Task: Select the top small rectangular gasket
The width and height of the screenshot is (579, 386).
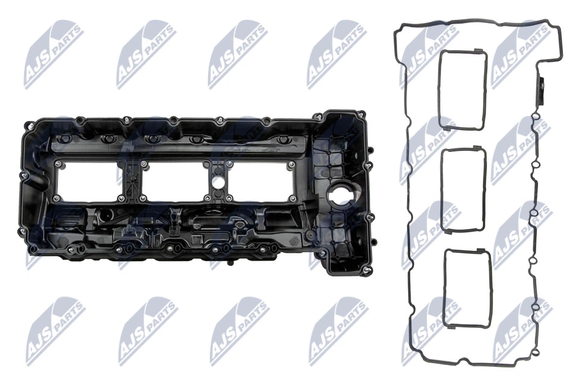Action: click(463, 90)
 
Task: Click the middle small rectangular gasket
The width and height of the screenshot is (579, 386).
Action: click(463, 189)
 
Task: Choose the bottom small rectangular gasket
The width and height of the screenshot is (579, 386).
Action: click(467, 288)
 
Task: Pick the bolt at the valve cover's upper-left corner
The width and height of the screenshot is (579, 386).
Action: click(28, 126)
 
